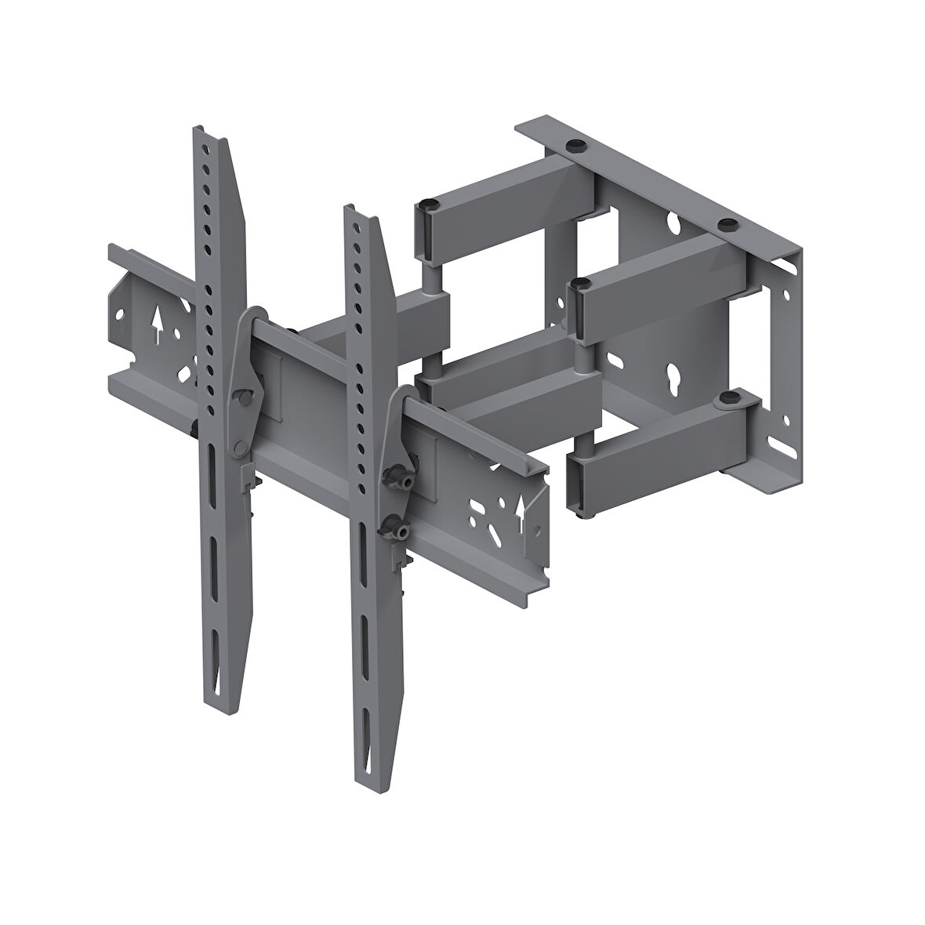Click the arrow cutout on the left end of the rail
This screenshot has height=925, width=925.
click(x=156, y=324)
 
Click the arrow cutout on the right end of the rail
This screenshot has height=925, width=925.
click(x=518, y=510)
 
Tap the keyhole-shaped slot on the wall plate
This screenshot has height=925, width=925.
click(x=672, y=372)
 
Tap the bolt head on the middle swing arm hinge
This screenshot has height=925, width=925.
click(x=580, y=282)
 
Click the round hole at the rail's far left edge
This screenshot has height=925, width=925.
click(x=119, y=316)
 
